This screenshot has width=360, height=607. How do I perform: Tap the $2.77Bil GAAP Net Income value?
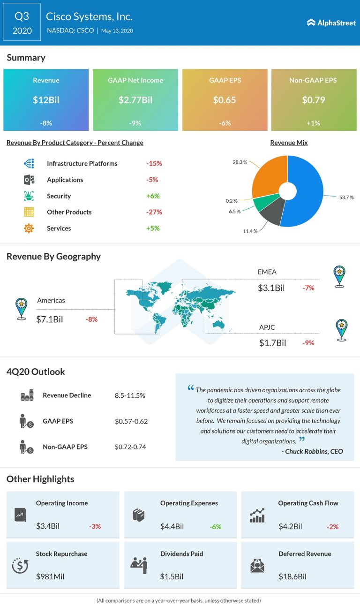tap(135, 100)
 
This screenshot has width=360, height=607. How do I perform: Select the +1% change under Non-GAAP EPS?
tap(313, 123)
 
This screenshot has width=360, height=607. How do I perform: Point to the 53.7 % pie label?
tap(346, 197)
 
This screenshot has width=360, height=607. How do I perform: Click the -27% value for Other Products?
tap(154, 212)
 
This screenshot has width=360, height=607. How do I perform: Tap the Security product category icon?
tap(29, 196)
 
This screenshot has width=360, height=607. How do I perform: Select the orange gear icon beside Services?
tap(29, 228)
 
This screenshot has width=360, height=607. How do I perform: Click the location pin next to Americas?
tap(21, 309)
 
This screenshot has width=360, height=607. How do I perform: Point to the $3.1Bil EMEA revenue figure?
tap(271, 288)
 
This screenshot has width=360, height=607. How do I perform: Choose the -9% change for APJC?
tap(308, 343)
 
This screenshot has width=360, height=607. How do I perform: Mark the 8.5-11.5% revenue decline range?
tap(129, 395)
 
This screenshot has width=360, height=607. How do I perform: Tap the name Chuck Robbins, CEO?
tap(314, 451)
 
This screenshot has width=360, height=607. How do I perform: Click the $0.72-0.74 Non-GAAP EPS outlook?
tap(130, 447)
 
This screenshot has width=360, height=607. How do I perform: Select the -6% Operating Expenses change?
tap(215, 527)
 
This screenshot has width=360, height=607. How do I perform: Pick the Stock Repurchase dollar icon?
tap(20, 566)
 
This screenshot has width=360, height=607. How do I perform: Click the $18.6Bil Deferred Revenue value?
tap(292, 577)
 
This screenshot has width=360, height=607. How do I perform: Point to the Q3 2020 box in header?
tap(22, 23)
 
